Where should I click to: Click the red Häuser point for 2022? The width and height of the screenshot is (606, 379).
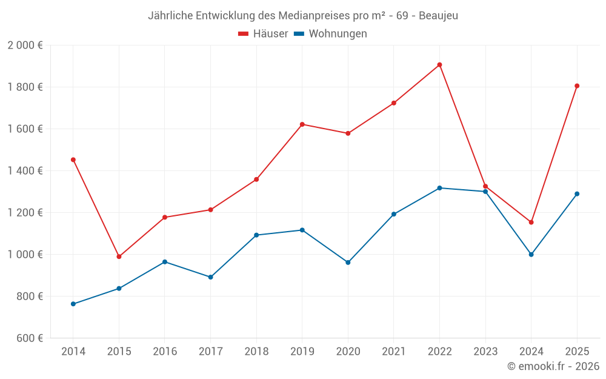click(439, 65)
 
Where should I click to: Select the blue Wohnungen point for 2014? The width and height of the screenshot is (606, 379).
click(73, 304)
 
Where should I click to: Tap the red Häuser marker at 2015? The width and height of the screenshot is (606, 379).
click(119, 257)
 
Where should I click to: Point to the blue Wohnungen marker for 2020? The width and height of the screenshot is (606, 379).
click(348, 263)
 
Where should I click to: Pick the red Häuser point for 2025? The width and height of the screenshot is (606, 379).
click(577, 86)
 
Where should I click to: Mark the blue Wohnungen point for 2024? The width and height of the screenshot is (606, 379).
click(531, 255)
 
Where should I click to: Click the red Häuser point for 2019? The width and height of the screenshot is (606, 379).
click(302, 124)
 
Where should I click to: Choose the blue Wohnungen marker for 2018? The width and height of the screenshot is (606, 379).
click(256, 235)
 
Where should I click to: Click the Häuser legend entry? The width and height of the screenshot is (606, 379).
click(263, 34)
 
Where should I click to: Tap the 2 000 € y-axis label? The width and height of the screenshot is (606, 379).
click(25, 45)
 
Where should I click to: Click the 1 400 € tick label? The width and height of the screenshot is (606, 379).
click(25, 171)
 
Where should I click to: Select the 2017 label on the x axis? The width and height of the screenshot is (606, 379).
click(210, 352)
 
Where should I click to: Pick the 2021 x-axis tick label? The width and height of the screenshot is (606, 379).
click(393, 352)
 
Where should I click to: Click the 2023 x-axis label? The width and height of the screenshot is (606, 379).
click(485, 352)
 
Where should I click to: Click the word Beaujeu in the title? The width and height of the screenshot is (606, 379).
click(438, 15)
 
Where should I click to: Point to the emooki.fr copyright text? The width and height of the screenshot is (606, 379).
click(553, 366)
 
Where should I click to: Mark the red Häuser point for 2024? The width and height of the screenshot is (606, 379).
click(531, 223)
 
